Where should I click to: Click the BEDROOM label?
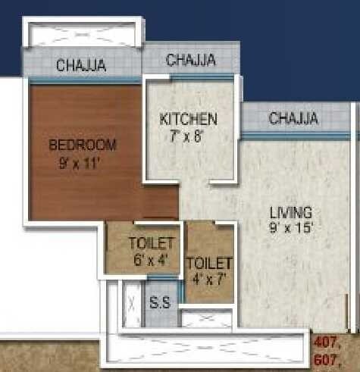(x=82, y=145)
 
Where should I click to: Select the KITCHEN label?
(x=189, y=119)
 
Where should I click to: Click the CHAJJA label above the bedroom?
(x=81, y=66)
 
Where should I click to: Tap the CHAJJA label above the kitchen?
(x=190, y=59)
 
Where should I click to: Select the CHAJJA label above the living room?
(x=293, y=119)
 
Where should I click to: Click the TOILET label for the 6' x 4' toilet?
(x=151, y=243)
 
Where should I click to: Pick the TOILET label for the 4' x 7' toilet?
(x=208, y=263)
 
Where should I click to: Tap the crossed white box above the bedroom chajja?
(x=81, y=35)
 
